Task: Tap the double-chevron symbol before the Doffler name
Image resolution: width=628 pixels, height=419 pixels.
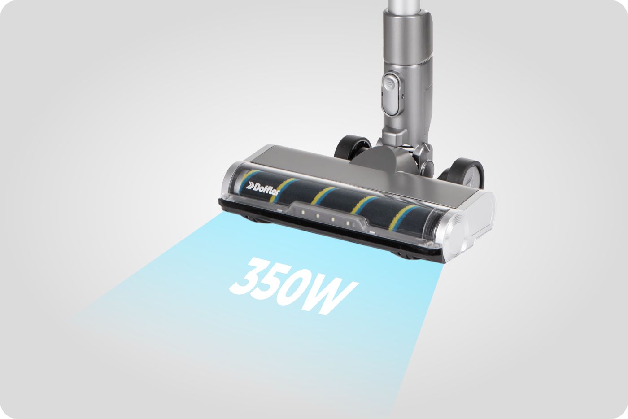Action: pyautogui.click(x=249, y=186)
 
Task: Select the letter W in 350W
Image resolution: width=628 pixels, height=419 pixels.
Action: pyautogui.click(x=333, y=297)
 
